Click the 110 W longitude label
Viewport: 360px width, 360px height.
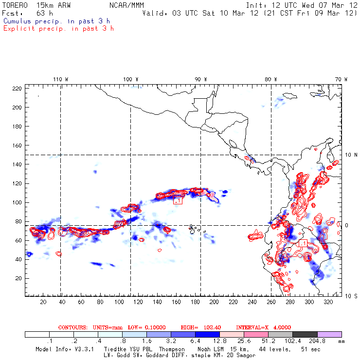tap(60, 79)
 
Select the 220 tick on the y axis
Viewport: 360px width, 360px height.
tap(18, 88)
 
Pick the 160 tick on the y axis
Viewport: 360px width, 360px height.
tap(18, 145)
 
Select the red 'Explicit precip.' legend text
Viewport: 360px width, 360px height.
tap(58, 28)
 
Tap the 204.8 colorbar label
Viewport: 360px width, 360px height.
tap(317, 342)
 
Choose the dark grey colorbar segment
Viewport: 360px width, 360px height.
tap(305, 335)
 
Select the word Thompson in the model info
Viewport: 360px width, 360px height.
tap(170, 349)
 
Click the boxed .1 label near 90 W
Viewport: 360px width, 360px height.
tap(178, 200)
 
